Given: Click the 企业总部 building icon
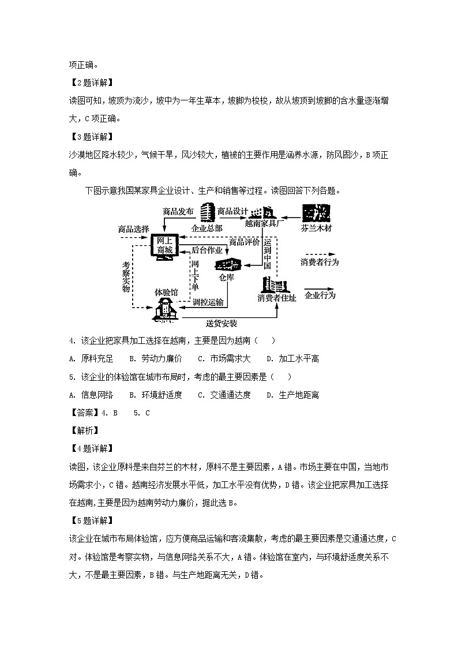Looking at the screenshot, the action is point(207,213).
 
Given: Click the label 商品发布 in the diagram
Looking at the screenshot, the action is point(178,211).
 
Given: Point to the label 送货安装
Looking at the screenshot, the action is point(222,323).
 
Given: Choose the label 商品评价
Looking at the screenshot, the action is point(245,241).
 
